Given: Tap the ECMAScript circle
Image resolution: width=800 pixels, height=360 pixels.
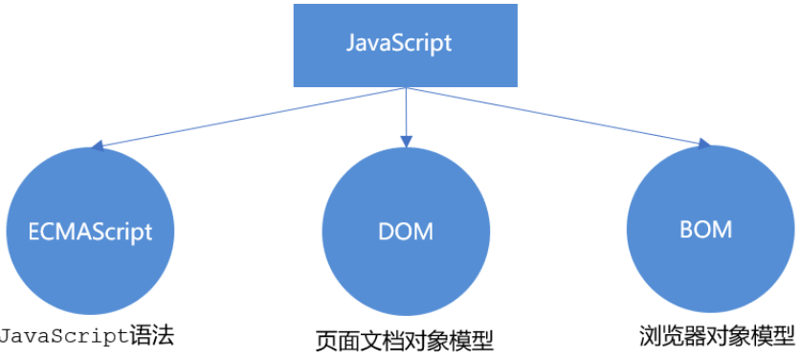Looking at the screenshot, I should coord(91,230).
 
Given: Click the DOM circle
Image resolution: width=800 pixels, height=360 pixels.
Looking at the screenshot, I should coord(406,231).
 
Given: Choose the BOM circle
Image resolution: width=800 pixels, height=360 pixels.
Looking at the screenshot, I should coord(706,230).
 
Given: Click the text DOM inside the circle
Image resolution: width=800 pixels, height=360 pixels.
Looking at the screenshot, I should coord(406,232).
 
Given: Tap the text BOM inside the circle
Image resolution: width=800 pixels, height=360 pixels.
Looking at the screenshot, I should coord(706,231).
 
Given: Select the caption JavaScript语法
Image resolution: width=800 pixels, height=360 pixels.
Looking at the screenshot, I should coord(88,336).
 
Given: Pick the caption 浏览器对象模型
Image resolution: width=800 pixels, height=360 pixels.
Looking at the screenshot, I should coord(718,337).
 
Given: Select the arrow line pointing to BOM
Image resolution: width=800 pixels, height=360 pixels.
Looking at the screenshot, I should coord(555,116).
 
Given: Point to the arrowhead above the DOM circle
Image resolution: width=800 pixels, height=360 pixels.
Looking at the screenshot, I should coord(407,141).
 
